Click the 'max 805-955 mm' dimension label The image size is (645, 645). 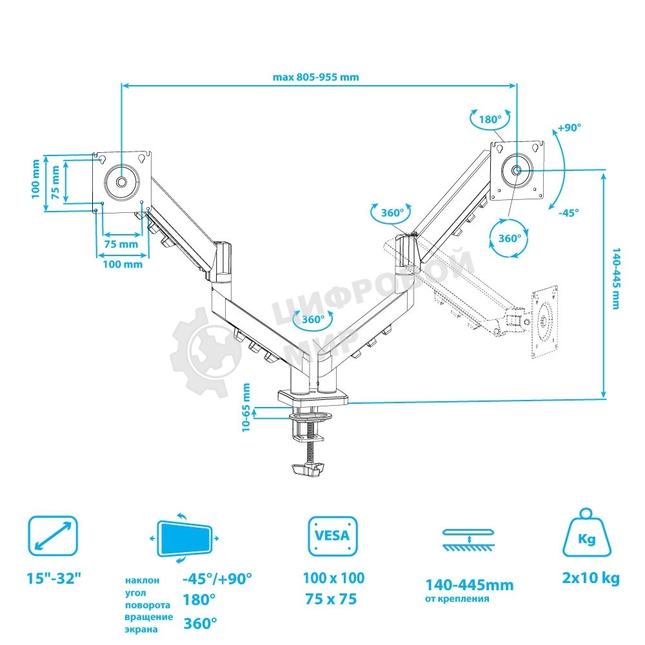(315, 77)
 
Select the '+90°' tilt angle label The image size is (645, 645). (570, 127)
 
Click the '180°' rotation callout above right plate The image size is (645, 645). (490, 119)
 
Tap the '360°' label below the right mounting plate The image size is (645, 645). (510, 238)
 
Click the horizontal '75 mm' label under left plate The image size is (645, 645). (121, 244)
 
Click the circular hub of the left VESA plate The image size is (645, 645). (121, 181)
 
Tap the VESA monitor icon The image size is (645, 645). (333, 535)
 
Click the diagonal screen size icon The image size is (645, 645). (52, 535)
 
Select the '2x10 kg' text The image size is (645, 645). (591, 578)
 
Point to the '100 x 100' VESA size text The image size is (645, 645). (333, 578)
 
